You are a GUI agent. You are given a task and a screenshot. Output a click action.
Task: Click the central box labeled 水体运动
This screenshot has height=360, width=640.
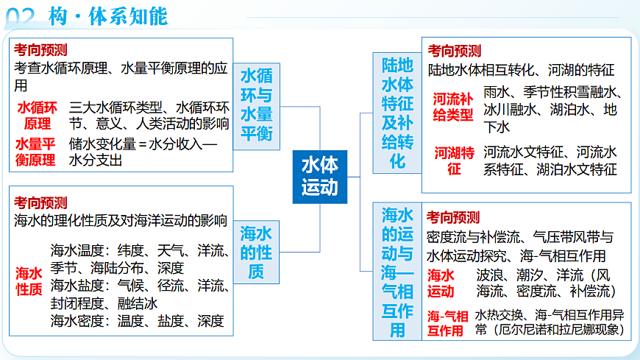coord(319,177)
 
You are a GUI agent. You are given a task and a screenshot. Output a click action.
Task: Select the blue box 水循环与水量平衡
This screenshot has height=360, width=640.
coord(256,105)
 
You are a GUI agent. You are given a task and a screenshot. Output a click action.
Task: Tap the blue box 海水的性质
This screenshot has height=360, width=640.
coord(256,253)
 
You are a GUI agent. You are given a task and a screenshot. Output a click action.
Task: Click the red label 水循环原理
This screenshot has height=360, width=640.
coord(38,115)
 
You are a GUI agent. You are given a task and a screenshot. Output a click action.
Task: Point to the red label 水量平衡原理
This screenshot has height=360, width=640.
coord(38,152)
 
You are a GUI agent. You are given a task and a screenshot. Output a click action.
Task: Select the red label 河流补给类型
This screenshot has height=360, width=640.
coord(452,107)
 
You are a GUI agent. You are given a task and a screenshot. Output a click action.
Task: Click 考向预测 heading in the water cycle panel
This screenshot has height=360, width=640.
coord(40,50)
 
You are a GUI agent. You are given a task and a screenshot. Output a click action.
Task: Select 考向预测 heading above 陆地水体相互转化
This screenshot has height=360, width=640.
coord(455,51)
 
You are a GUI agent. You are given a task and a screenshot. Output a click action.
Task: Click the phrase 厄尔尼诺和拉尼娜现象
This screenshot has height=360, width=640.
coord(557,331)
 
